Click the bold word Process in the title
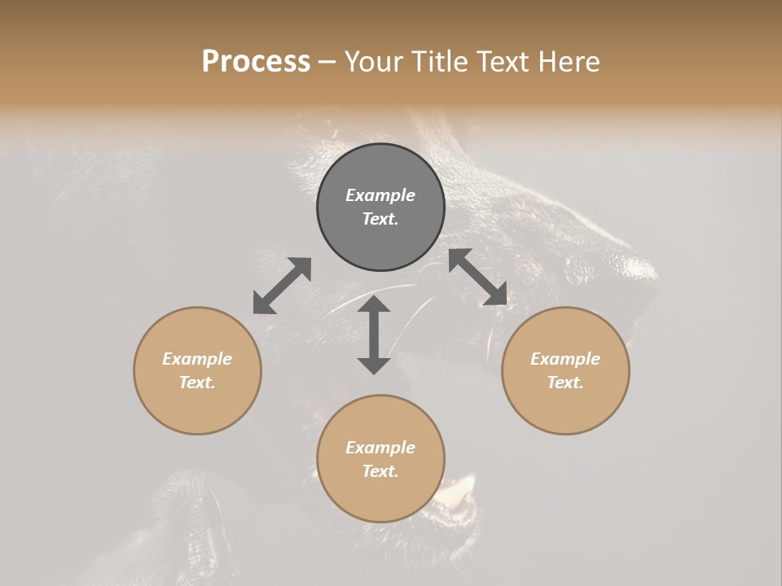[256, 62]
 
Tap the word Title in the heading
[442, 62]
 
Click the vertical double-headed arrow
[374, 335]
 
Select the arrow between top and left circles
[282, 285]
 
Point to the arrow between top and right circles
[478, 277]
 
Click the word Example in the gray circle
[380, 195]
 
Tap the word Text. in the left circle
[197, 383]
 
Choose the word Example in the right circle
[565, 359]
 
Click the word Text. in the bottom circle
[380, 471]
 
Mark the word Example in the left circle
[197, 359]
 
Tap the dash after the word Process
[327, 62]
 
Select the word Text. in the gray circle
[380, 219]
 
